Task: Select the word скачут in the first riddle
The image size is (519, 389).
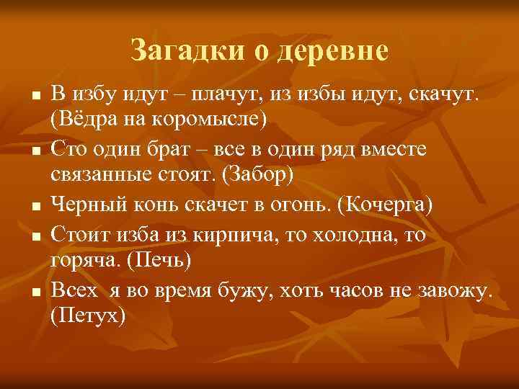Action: click(x=442, y=94)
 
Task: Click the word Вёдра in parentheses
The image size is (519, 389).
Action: click(x=79, y=118)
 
